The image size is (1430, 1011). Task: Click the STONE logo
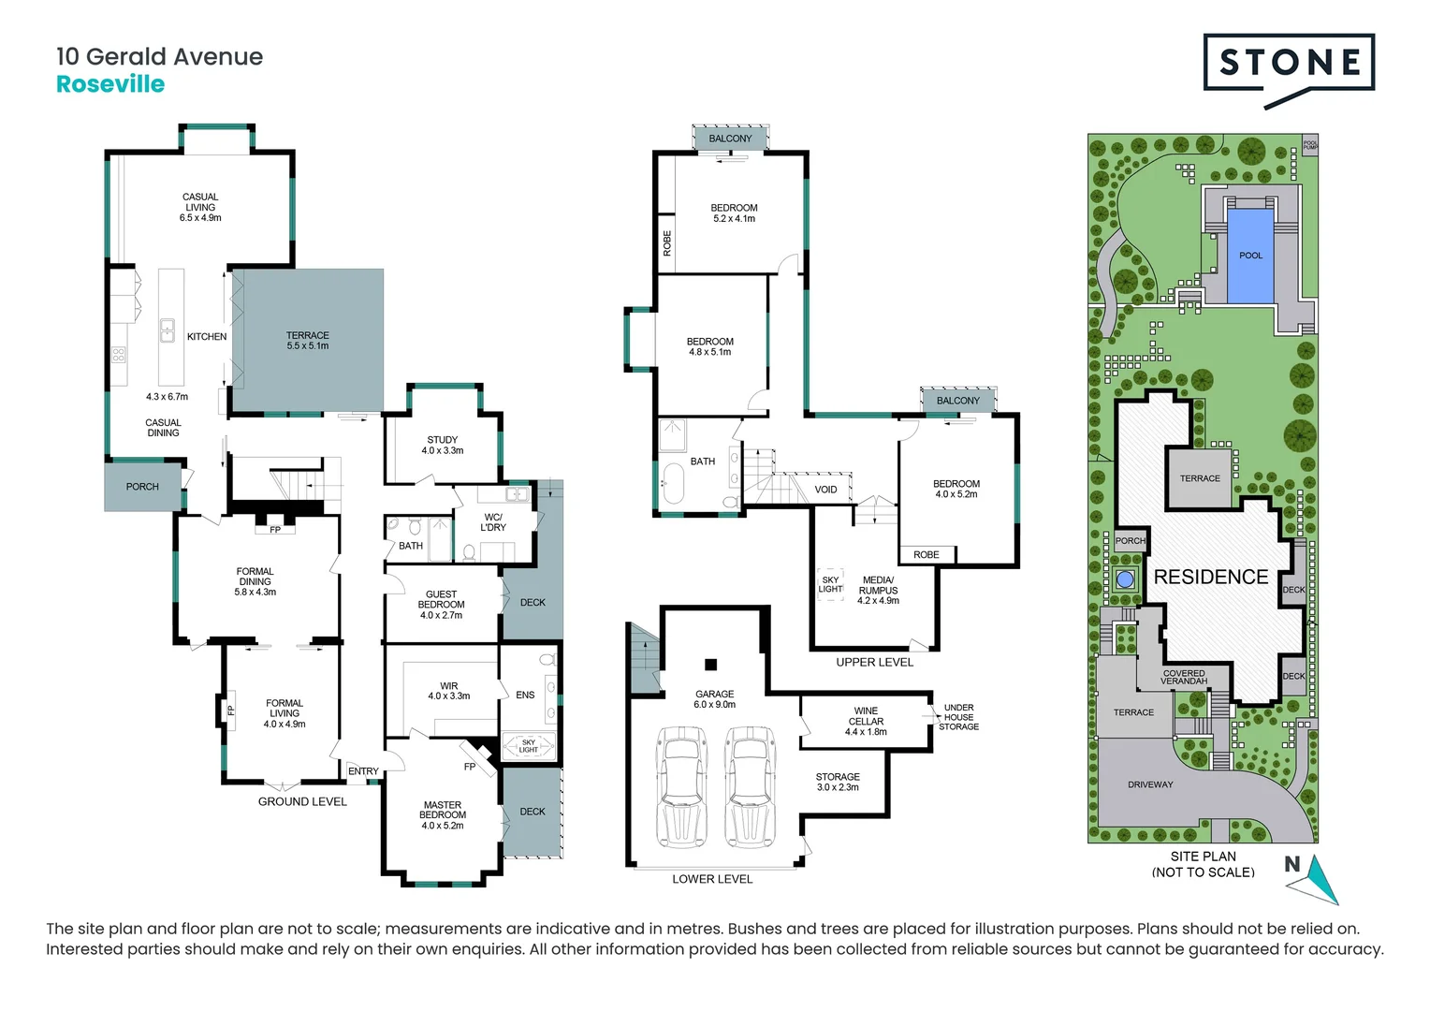coord(1289,65)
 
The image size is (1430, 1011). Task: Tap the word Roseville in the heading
coord(110,84)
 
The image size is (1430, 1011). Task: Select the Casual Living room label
coord(200,207)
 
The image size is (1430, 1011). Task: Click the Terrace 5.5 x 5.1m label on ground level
coord(307,341)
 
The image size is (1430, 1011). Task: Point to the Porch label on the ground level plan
coord(142,487)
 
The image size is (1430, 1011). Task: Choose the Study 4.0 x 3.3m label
coord(443,445)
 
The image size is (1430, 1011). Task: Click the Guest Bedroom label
coord(441,605)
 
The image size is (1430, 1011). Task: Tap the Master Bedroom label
coord(443,814)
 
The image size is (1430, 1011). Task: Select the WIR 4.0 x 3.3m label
coord(449,691)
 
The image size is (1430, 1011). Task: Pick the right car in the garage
coord(751,786)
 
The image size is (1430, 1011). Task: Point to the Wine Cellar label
coord(866,721)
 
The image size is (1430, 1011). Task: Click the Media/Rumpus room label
coord(878,590)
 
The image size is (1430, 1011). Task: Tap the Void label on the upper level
coord(825,490)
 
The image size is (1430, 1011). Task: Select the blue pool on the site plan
coord(1250,256)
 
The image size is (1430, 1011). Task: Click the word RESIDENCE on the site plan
coord(1211,577)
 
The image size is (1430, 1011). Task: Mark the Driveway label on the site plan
coord(1150,784)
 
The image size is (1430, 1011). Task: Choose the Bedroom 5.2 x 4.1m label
coord(734,212)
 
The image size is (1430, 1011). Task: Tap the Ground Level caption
coord(302,801)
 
